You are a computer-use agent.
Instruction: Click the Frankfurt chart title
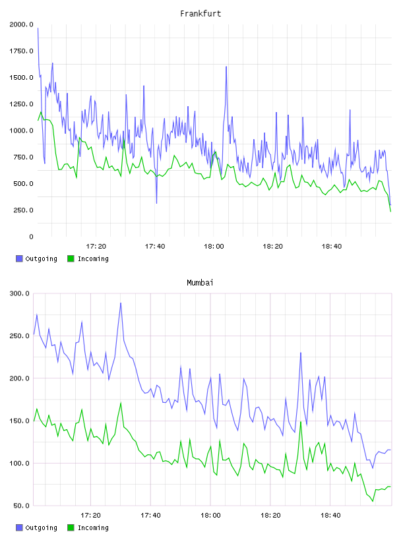200,13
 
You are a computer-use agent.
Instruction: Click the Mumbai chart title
200,282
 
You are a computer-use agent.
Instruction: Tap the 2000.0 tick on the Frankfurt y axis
22,24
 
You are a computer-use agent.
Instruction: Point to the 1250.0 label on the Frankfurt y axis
22,104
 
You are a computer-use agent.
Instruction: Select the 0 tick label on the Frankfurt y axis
31,237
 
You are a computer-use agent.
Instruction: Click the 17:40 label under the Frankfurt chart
155,246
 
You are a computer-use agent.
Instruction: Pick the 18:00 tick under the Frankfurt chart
214,246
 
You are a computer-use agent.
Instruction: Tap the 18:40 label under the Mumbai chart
330,515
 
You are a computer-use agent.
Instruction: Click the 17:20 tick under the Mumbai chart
90,515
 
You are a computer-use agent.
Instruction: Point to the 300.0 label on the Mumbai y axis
20,293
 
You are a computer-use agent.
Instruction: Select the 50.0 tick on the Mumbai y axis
21,506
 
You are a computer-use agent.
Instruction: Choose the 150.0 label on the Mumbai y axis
20,421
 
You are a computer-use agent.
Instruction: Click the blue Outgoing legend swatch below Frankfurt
19,258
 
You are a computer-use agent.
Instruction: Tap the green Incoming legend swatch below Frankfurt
71,258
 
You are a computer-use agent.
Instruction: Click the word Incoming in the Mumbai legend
93,527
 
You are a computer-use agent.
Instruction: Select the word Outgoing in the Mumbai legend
41,527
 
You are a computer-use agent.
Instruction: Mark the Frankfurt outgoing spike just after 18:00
226,67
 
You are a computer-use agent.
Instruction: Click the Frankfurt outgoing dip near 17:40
156,203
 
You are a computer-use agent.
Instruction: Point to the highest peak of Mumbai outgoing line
121,303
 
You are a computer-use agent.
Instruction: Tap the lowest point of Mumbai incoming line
373,501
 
